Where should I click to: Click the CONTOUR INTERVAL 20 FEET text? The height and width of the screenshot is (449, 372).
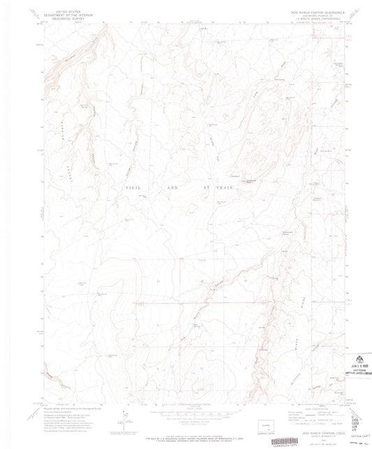185,424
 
